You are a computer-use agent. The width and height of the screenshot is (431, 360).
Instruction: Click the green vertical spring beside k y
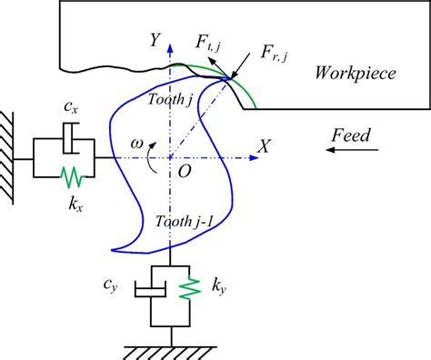[x=191, y=288]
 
